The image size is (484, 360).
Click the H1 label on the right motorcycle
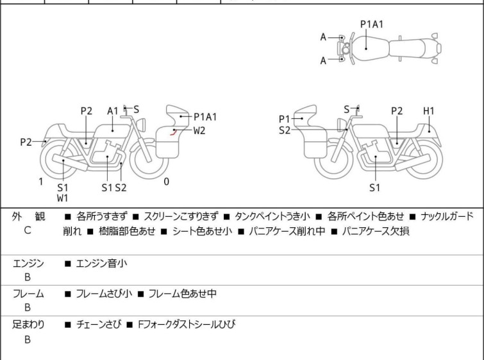[x=428, y=111]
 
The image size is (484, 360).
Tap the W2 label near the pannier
[x=199, y=130]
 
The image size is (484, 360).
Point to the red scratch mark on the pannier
[x=173, y=133]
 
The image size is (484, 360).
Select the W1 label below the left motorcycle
[x=62, y=198]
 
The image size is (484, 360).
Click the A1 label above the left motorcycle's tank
[x=113, y=111]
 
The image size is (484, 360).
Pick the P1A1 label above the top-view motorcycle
[x=372, y=24]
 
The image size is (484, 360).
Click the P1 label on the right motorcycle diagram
[x=285, y=119]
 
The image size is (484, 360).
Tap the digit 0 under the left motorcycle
[x=167, y=182]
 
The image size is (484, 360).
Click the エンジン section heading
[x=29, y=263]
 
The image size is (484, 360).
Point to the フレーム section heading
[x=29, y=294]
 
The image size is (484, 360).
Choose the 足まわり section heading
[x=29, y=325]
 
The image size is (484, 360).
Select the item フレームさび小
[x=104, y=294]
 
